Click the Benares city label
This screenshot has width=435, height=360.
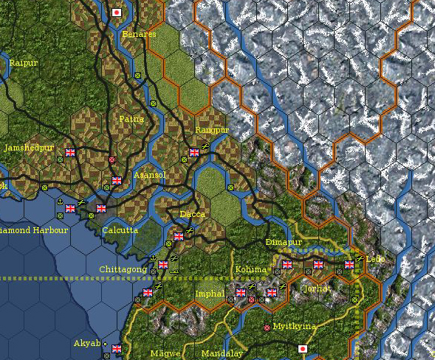click(140, 34)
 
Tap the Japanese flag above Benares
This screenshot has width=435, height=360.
click(117, 13)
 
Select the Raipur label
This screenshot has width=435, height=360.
click(23, 63)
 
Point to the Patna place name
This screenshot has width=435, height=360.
click(131, 118)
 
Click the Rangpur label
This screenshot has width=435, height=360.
click(212, 130)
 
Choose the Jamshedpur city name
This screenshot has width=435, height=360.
click(28, 148)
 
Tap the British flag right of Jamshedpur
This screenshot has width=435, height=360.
click(70, 153)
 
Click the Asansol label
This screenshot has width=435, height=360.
click(150, 175)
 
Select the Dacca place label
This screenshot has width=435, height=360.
click(193, 214)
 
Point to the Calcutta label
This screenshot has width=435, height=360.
click(120, 230)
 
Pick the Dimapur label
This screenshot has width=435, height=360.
click(284, 242)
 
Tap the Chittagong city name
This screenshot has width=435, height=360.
click(123, 270)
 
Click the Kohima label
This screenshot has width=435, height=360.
click(250, 269)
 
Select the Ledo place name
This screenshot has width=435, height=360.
click(376, 260)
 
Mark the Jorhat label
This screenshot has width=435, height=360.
click(318, 288)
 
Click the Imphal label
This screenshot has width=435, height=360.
click(209, 294)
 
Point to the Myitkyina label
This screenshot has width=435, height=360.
click(294, 326)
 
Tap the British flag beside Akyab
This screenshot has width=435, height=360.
click(117, 349)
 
